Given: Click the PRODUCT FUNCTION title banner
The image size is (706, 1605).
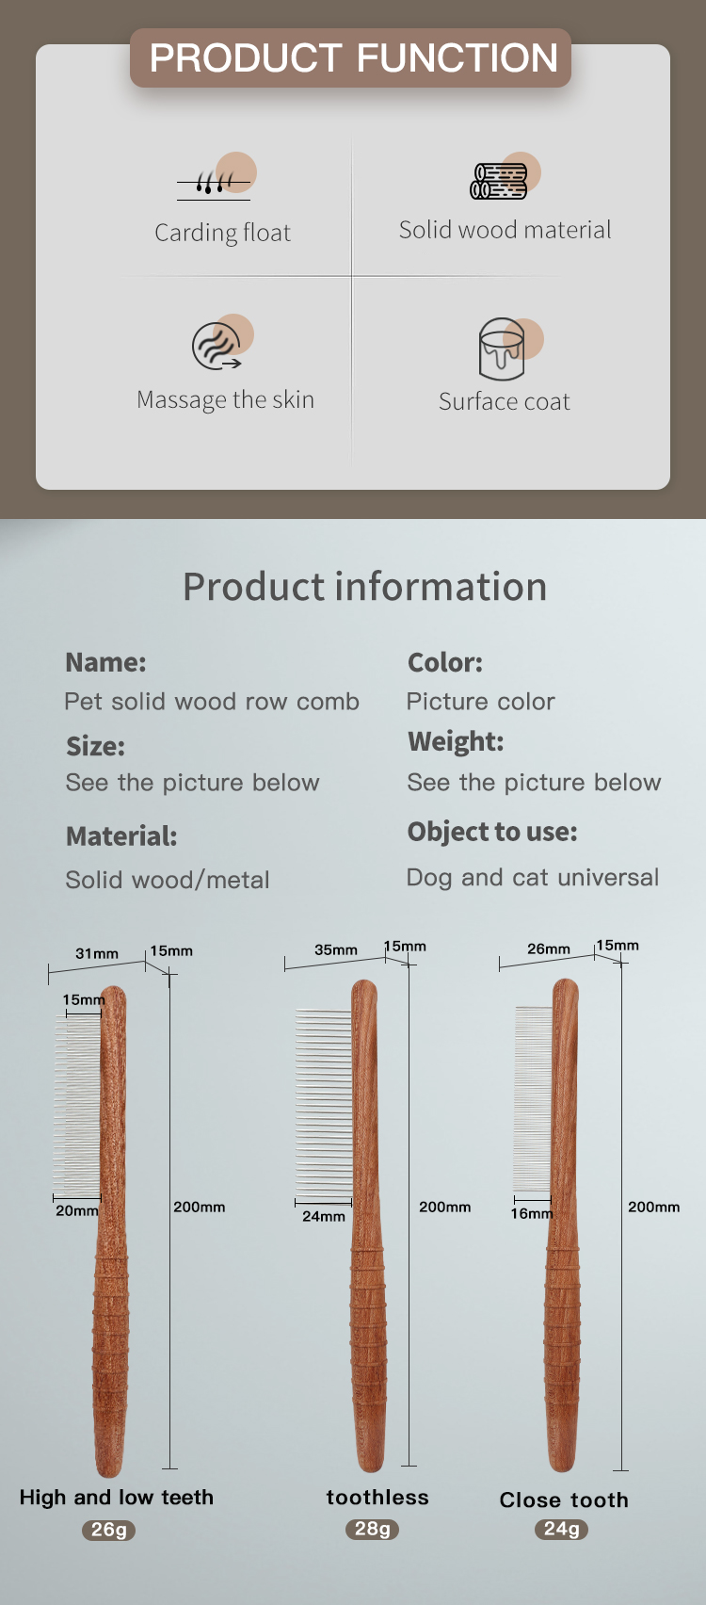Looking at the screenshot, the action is click(351, 58).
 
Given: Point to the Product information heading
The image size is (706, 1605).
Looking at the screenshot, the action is click(364, 587).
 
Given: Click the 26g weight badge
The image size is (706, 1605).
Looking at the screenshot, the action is click(109, 1530).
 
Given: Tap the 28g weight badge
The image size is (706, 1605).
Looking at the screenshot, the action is click(373, 1529).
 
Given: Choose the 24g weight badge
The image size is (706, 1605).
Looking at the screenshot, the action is click(561, 1529).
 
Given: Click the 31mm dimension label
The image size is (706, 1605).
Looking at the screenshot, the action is click(97, 954).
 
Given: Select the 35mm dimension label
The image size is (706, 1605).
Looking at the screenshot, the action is click(336, 950).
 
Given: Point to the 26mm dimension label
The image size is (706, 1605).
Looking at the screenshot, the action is click(549, 949).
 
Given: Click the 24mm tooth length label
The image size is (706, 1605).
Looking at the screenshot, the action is click(324, 1217).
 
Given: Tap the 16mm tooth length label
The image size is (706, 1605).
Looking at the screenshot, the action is click(531, 1214).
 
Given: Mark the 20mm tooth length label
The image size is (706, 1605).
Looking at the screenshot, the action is click(77, 1211).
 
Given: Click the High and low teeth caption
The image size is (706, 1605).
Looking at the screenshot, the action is click(117, 1498).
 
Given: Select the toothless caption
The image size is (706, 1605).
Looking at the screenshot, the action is click(377, 1498).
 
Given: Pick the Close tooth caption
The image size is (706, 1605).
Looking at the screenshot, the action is click(564, 1500).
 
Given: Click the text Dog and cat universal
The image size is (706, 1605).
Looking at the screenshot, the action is click(533, 878).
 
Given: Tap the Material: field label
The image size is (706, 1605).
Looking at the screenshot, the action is click(121, 836).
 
